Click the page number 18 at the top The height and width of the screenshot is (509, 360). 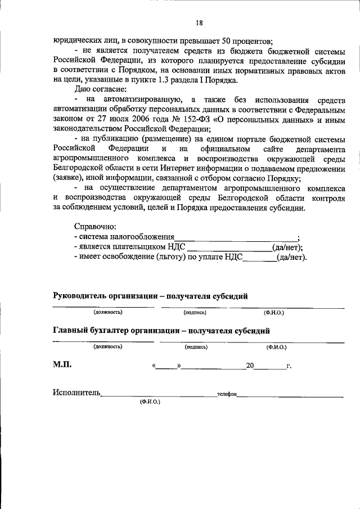pyautogui.click(x=199, y=23)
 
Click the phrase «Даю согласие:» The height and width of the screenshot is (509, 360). pyautogui.click(x=100, y=89)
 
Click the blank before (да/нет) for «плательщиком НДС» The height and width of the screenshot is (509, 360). pyautogui.click(x=229, y=247)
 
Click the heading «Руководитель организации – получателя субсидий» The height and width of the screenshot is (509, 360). pyautogui.click(x=150, y=296)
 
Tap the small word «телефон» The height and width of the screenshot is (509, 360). pyautogui.click(x=226, y=394)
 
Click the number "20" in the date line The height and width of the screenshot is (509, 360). pyautogui.click(x=250, y=366)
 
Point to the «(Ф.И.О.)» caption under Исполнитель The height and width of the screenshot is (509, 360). pyautogui.click(x=150, y=403)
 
